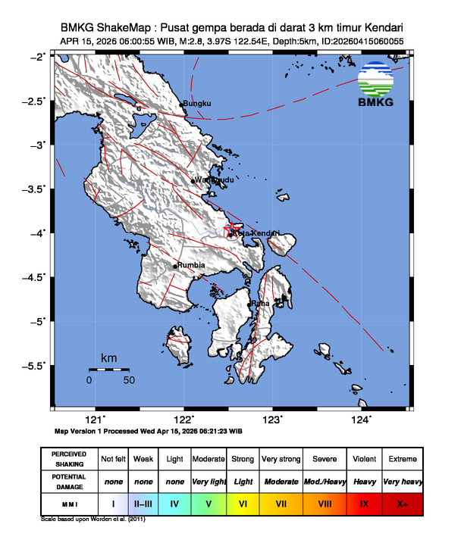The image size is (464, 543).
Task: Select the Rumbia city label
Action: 190,266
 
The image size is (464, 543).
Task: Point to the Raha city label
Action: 261,304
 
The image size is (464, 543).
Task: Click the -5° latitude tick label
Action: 39,321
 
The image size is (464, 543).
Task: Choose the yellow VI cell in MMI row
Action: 243,503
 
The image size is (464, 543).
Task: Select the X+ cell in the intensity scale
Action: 401,503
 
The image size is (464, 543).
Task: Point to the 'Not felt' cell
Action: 113,459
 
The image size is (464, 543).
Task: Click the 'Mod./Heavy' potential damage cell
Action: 325,481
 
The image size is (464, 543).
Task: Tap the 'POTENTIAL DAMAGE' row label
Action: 69,481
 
